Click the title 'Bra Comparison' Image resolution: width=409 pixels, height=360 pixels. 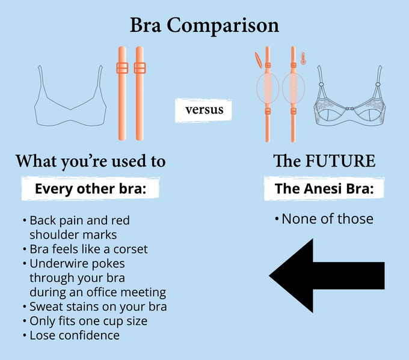coord(204,26)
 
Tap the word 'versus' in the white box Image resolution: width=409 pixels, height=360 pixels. coord(204,110)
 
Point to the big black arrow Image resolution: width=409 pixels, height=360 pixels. coord(327,275)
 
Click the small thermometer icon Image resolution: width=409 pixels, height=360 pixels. coord(303,58)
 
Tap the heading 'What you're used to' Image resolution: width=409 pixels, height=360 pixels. coord(90,161)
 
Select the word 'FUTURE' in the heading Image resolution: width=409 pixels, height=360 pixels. coord(340,160)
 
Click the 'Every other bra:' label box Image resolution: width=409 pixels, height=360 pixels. coord(90,189)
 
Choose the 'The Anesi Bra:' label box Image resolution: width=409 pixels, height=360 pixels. coord(324,189)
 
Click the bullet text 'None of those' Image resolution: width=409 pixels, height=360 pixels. coord(327,219)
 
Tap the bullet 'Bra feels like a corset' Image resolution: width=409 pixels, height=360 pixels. coord(88,249)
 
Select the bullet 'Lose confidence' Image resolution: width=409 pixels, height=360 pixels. coord(75,335)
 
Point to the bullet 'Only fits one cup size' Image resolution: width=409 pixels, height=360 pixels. coord(88,321)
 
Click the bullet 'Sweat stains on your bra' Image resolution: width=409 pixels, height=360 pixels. coord(98,307)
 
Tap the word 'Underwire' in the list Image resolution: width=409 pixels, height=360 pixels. coord(56,264)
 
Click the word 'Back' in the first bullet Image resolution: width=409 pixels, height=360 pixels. coord(43,221)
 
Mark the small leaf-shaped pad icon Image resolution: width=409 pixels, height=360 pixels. coord(258,60)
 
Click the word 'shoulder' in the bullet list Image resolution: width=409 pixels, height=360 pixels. coord(52,235)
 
